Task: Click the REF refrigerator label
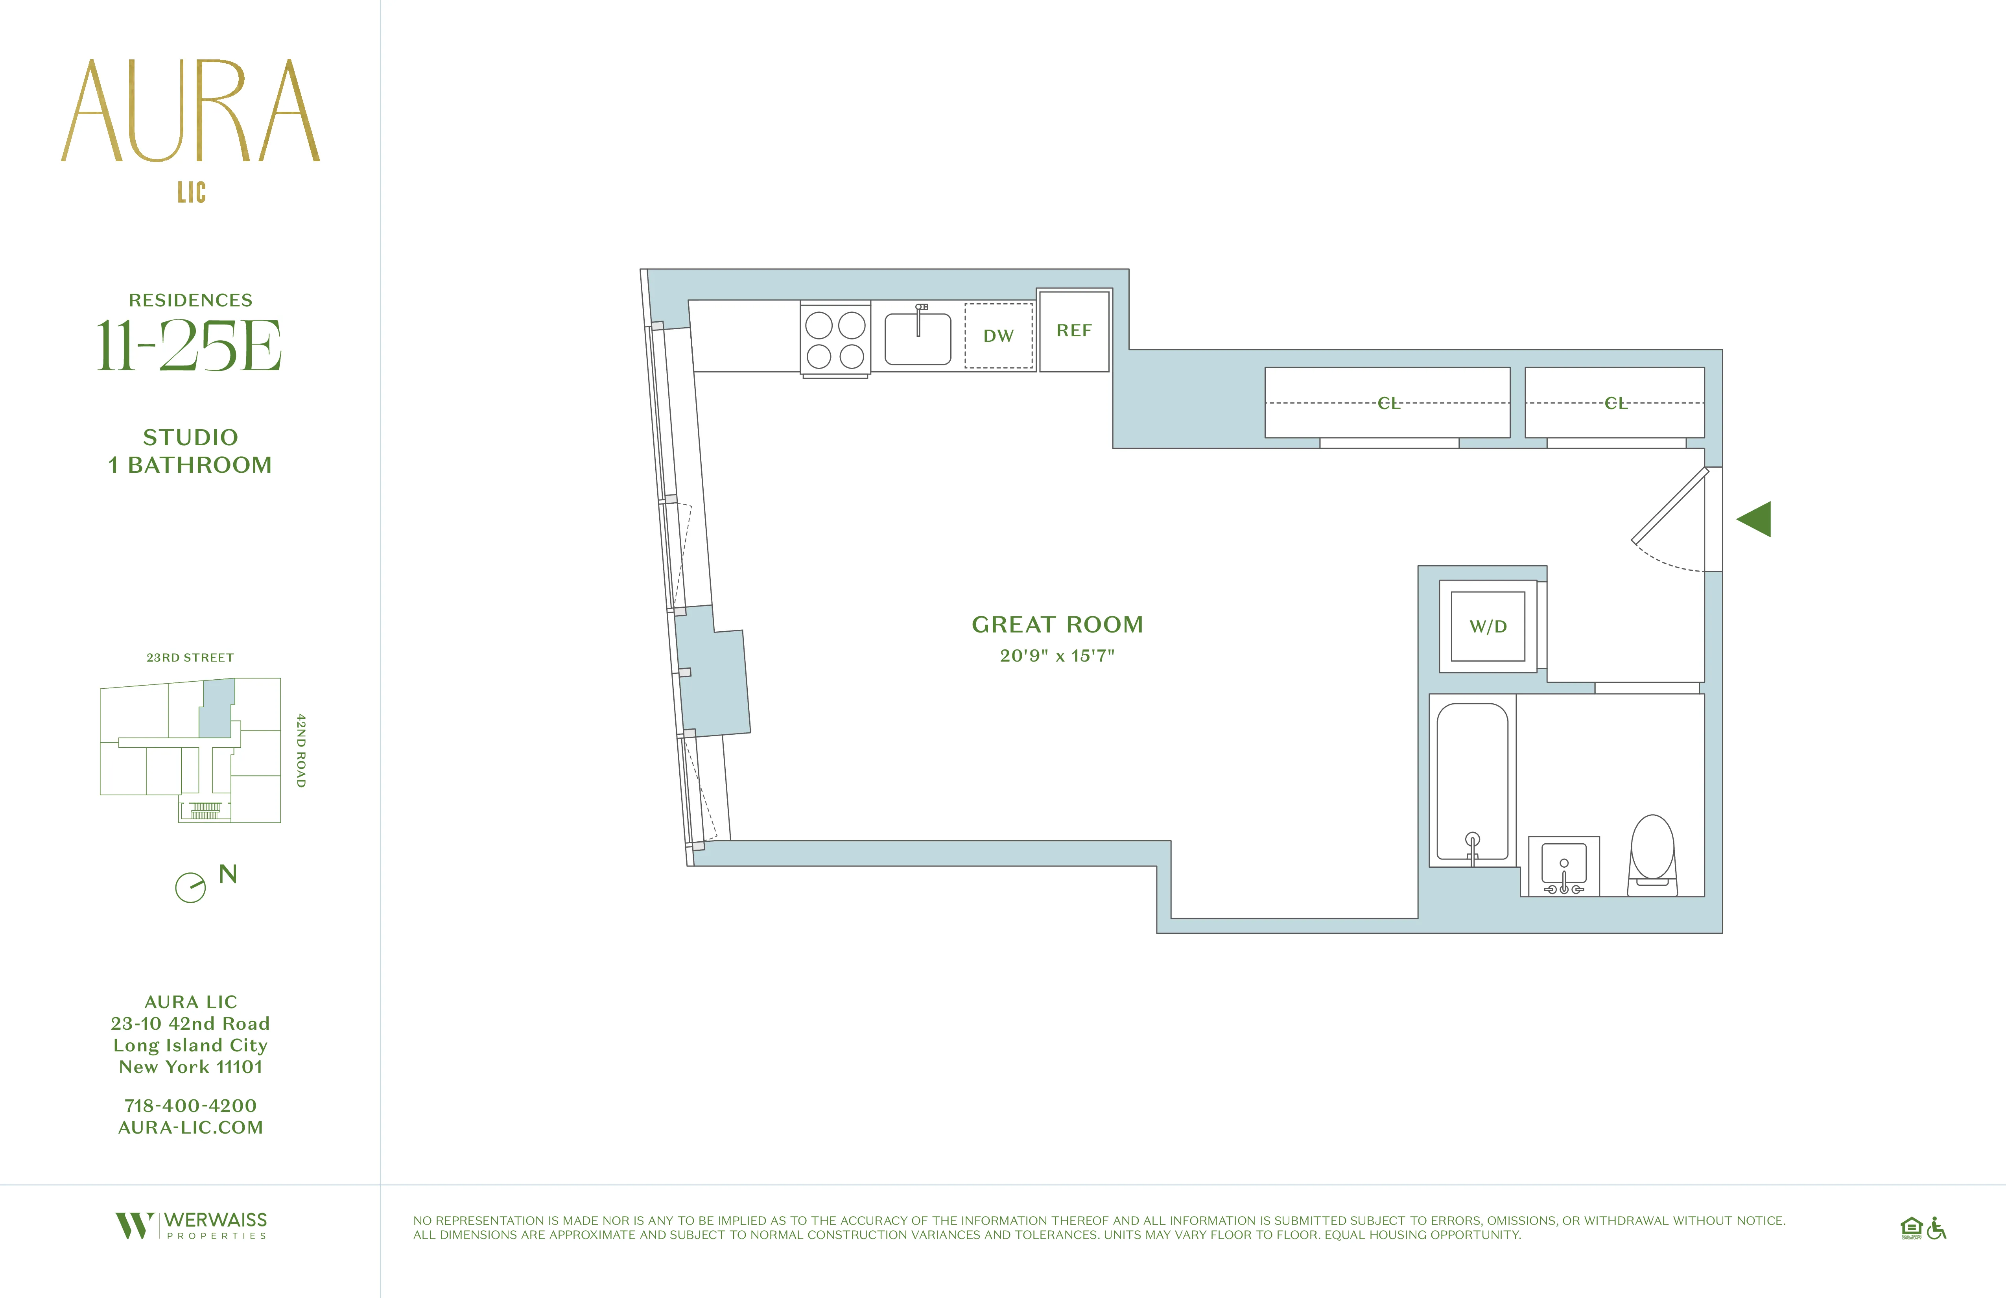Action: (x=1074, y=330)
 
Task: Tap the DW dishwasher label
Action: (x=998, y=336)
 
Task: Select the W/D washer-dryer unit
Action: (x=1488, y=626)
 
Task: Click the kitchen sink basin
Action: (x=918, y=339)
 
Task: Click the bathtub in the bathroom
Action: (x=1471, y=781)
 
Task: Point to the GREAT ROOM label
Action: (x=1057, y=625)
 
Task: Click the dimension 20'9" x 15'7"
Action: (x=1057, y=656)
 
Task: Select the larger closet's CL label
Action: (x=1388, y=404)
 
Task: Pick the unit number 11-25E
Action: (x=190, y=346)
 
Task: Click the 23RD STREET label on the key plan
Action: (x=190, y=657)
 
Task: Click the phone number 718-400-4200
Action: (x=190, y=1105)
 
